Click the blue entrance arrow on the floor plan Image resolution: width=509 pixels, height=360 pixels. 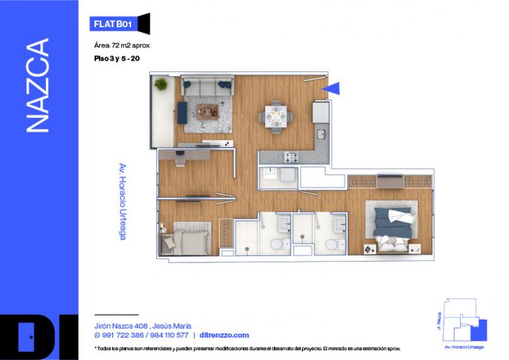click(331, 88)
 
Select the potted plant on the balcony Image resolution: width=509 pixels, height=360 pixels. click(161, 84)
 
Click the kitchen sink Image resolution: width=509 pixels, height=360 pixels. click(321, 134)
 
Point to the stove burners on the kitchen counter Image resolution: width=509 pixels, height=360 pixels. click(291, 158)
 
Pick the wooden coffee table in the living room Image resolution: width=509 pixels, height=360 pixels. click(207, 110)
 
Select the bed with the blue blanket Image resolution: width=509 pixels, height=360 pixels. click(391, 224)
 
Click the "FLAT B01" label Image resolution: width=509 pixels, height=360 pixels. click(112, 24)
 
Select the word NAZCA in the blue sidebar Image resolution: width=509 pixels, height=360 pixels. click(38, 86)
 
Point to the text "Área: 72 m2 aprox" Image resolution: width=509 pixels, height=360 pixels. click(122, 45)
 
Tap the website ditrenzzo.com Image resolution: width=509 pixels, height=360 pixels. click(224, 335)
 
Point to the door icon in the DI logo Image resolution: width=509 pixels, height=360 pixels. click(27, 336)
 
